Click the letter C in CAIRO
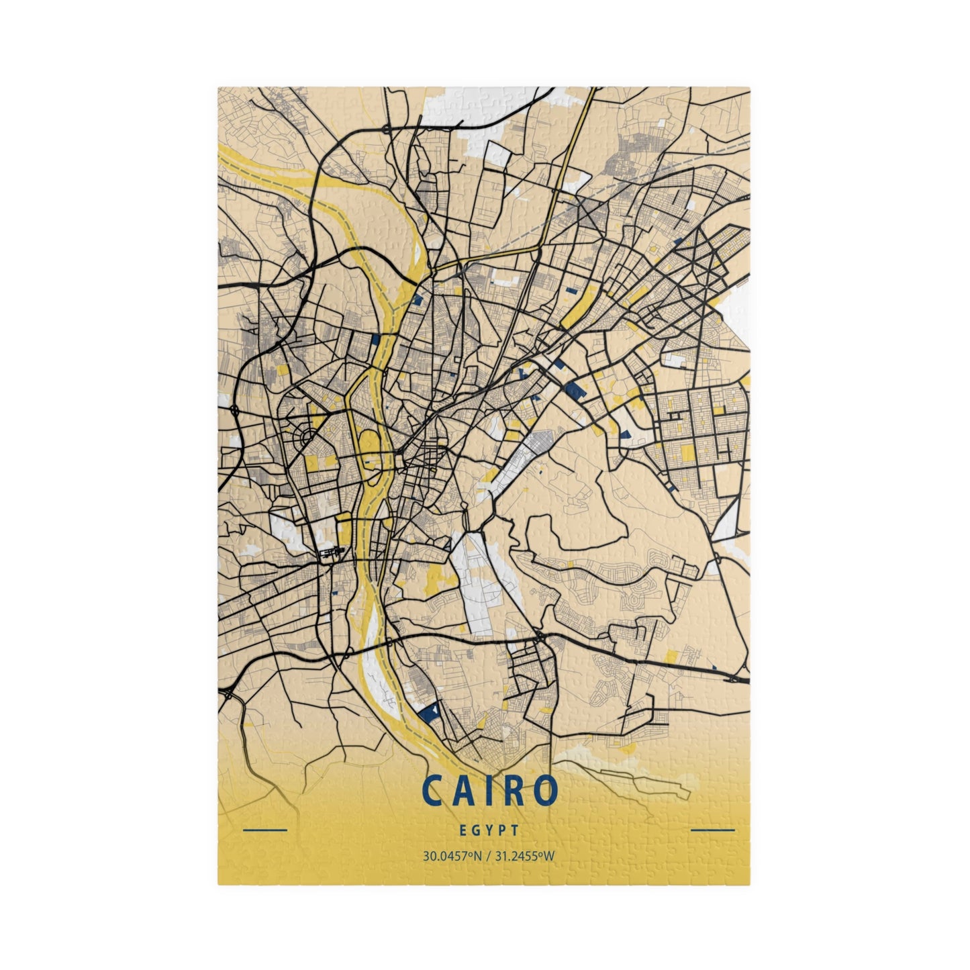pos(432,792)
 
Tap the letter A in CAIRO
pos(462,792)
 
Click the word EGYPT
pos(489,830)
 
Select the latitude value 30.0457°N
pos(453,857)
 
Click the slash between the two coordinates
pos(489,857)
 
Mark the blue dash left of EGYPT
pos(264,830)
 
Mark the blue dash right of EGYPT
pos(712,830)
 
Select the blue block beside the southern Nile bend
pos(428,710)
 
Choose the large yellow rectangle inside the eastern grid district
pos(687,453)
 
